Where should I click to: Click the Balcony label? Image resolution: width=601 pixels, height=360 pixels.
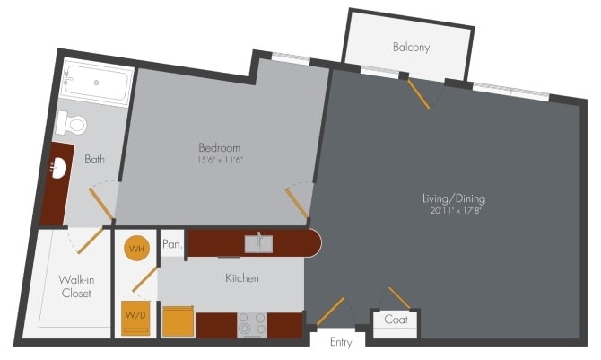[x=411, y=47]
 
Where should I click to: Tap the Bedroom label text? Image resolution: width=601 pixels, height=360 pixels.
[x=220, y=147]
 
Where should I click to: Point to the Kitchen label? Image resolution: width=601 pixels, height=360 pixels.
[x=241, y=278]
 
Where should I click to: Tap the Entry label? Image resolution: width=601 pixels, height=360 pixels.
[x=341, y=342]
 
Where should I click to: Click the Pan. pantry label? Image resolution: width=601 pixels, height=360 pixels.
[x=172, y=244]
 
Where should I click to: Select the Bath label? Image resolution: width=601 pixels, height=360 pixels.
[x=94, y=160]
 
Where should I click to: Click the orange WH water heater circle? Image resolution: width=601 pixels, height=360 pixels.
[x=136, y=249]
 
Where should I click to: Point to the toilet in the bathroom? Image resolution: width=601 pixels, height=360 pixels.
[x=71, y=123]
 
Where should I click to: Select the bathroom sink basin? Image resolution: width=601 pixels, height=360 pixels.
[x=60, y=168]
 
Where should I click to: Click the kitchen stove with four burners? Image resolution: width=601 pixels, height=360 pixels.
[x=252, y=323]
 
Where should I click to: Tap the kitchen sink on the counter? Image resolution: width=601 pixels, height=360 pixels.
[x=259, y=242]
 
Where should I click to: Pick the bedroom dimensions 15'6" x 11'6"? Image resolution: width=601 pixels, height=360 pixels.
[x=220, y=160]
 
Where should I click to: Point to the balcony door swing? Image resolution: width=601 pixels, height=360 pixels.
[x=419, y=92]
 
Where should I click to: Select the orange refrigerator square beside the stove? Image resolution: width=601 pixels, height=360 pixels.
[x=179, y=321]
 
